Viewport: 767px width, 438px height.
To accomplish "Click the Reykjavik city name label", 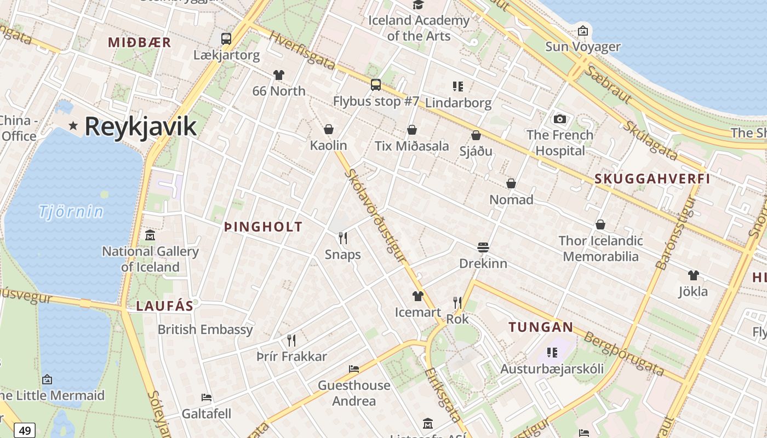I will pyautogui.click(x=140, y=126).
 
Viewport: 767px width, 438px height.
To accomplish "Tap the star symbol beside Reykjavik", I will pyautogui.click(x=73, y=126).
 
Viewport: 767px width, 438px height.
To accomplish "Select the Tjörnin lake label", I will pyautogui.click(x=71, y=211).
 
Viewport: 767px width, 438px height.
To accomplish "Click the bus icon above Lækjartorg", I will pyautogui.click(x=226, y=39).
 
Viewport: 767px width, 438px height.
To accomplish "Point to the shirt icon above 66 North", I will pyautogui.click(x=279, y=74).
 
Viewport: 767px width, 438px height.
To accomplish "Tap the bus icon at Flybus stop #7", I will pyautogui.click(x=375, y=85).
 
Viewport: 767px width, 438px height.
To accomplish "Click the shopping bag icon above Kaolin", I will pyautogui.click(x=329, y=129).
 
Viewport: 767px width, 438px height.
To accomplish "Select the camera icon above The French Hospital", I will pyautogui.click(x=560, y=119).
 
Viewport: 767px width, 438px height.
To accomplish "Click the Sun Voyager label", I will pyautogui.click(x=583, y=47).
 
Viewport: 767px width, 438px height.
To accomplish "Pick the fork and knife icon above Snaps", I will pyautogui.click(x=343, y=238).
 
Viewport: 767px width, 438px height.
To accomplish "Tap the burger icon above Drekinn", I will pyautogui.click(x=483, y=247).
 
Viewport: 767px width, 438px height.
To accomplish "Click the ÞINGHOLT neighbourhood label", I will pyautogui.click(x=263, y=227).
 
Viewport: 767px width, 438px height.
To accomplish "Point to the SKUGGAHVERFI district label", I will pyautogui.click(x=652, y=178).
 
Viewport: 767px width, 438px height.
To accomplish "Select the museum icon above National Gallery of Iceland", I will pyautogui.click(x=150, y=235).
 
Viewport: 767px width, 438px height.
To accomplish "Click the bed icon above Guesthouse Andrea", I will pyautogui.click(x=354, y=369).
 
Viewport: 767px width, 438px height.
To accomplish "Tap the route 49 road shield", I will pyautogui.click(x=25, y=430).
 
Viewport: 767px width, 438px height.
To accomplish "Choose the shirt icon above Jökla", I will pyautogui.click(x=693, y=275).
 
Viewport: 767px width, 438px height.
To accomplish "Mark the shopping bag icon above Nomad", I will pyautogui.click(x=511, y=183).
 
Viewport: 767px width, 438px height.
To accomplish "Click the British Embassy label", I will pyautogui.click(x=205, y=330).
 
